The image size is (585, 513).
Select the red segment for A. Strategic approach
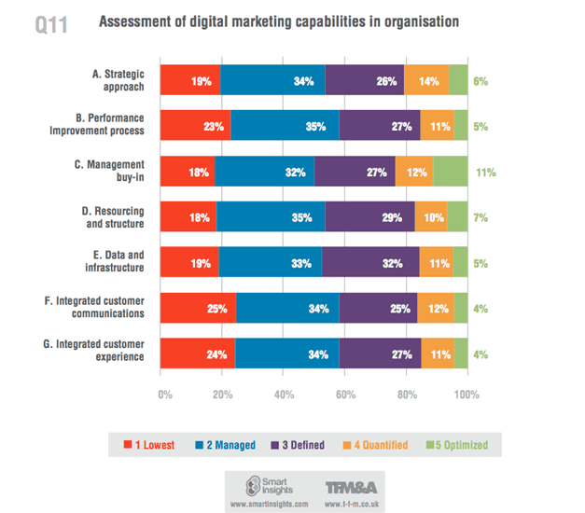coord(190,81)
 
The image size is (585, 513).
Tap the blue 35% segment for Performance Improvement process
coord(285,127)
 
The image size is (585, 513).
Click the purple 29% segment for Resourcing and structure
coord(369,217)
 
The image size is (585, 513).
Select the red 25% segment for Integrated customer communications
coord(198,309)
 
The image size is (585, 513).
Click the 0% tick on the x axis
coord(165,395)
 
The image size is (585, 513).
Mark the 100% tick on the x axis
coord(465,395)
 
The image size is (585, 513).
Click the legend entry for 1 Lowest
coord(150,445)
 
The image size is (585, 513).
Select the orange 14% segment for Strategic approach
coord(426,81)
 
